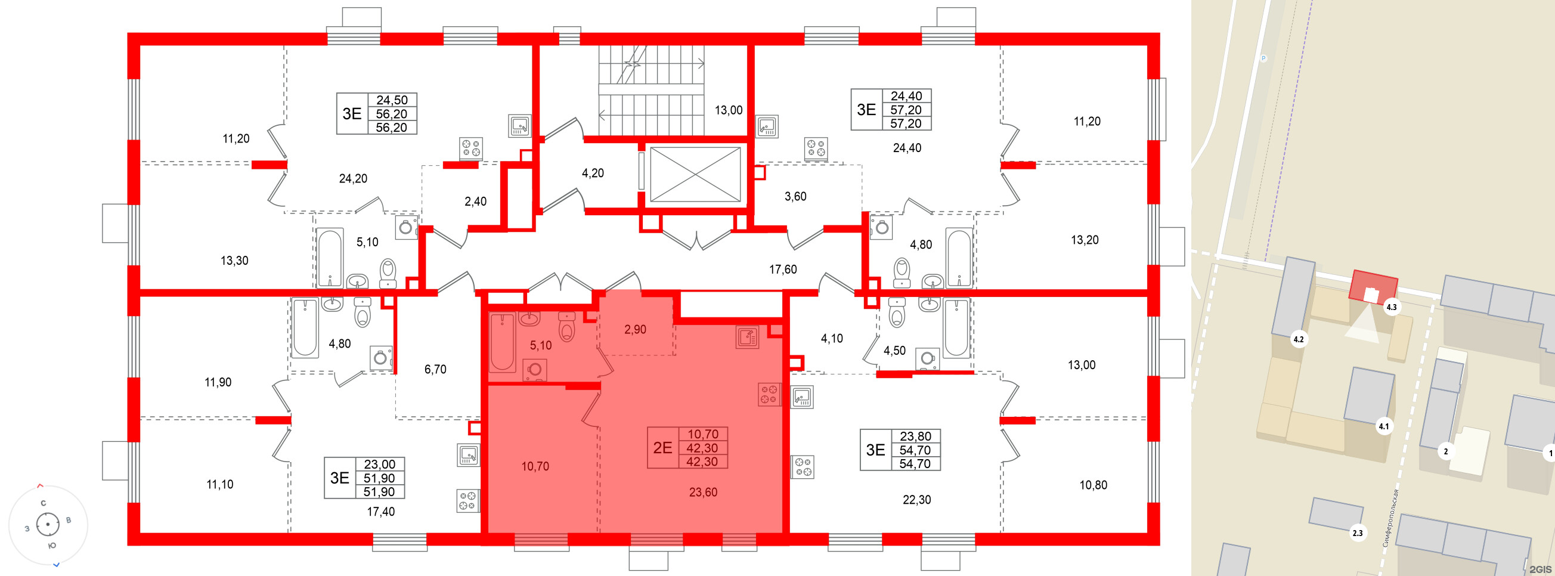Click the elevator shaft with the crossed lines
click(695, 175)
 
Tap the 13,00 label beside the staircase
click(729, 110)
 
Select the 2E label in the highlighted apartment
click(662, 447)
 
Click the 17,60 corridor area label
click(782, 270)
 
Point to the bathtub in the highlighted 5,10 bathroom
click(502, 342)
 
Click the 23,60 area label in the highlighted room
click(702, 493)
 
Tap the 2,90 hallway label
click(634, 330)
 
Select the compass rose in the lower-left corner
click(48, 524)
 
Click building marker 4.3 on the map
click(1391, 307)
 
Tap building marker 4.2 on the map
click(1298, 339)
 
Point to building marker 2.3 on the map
click(1357, 533)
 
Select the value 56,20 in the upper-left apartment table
click(391, 114)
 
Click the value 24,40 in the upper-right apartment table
click(906, 96)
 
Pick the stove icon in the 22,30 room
click(803, 467)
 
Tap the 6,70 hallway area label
click(435, 370)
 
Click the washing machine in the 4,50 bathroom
click(927, 359)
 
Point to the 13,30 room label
click(234, 261)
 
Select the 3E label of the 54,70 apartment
click(875, 450)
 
